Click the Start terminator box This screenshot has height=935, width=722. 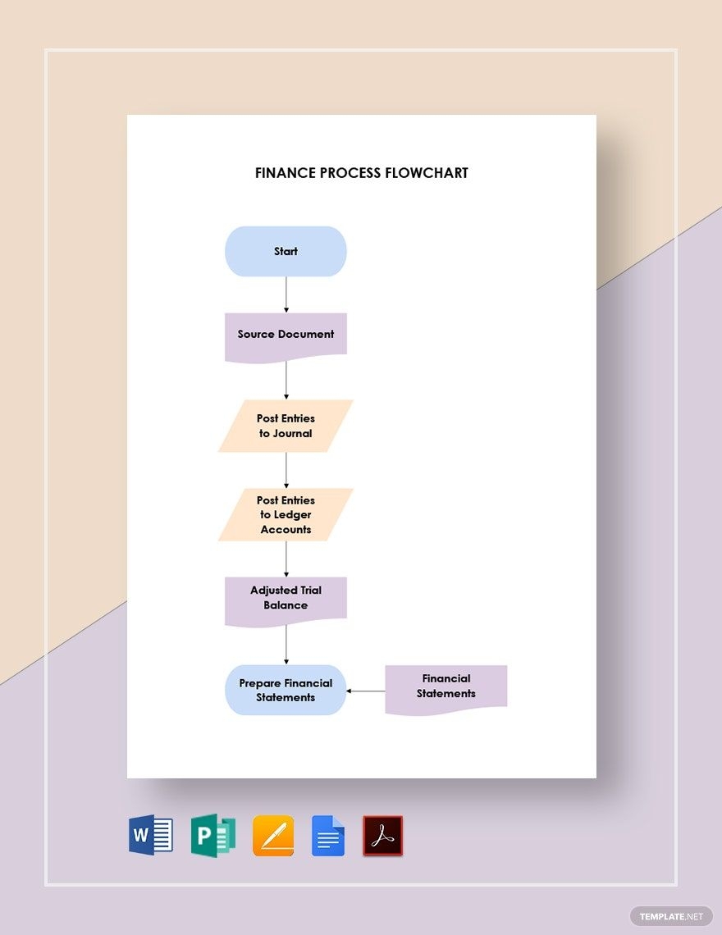[x=286, y=251]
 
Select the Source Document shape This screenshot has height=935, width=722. [x=286, y=335]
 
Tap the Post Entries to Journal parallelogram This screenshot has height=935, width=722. [x=286, y=426]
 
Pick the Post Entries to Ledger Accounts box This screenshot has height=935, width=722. [x=286, y=514]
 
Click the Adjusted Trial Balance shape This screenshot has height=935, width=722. [x=286, y=598]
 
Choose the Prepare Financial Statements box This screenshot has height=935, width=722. [x=286, y=690]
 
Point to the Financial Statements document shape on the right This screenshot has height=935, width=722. [x=446, y=686]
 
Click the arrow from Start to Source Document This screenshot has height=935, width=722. [x=286, y=294]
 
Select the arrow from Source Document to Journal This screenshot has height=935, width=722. [x=286, y=381]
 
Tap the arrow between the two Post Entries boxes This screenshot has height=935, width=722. [x=286, y=470]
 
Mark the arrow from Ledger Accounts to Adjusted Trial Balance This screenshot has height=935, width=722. [x=286, y=559]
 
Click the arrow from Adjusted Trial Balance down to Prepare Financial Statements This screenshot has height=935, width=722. [x=286, y=645]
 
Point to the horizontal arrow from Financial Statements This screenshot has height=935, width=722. [x=366, y=691]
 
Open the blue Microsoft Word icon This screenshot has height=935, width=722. [x=151, y=836]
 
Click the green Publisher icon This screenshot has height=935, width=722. [x=212, y=836]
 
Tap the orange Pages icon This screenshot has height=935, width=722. [x=273, y=836]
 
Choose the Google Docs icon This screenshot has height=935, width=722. [x=328, y=836]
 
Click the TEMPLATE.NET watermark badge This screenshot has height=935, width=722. [x=671, y=915]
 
